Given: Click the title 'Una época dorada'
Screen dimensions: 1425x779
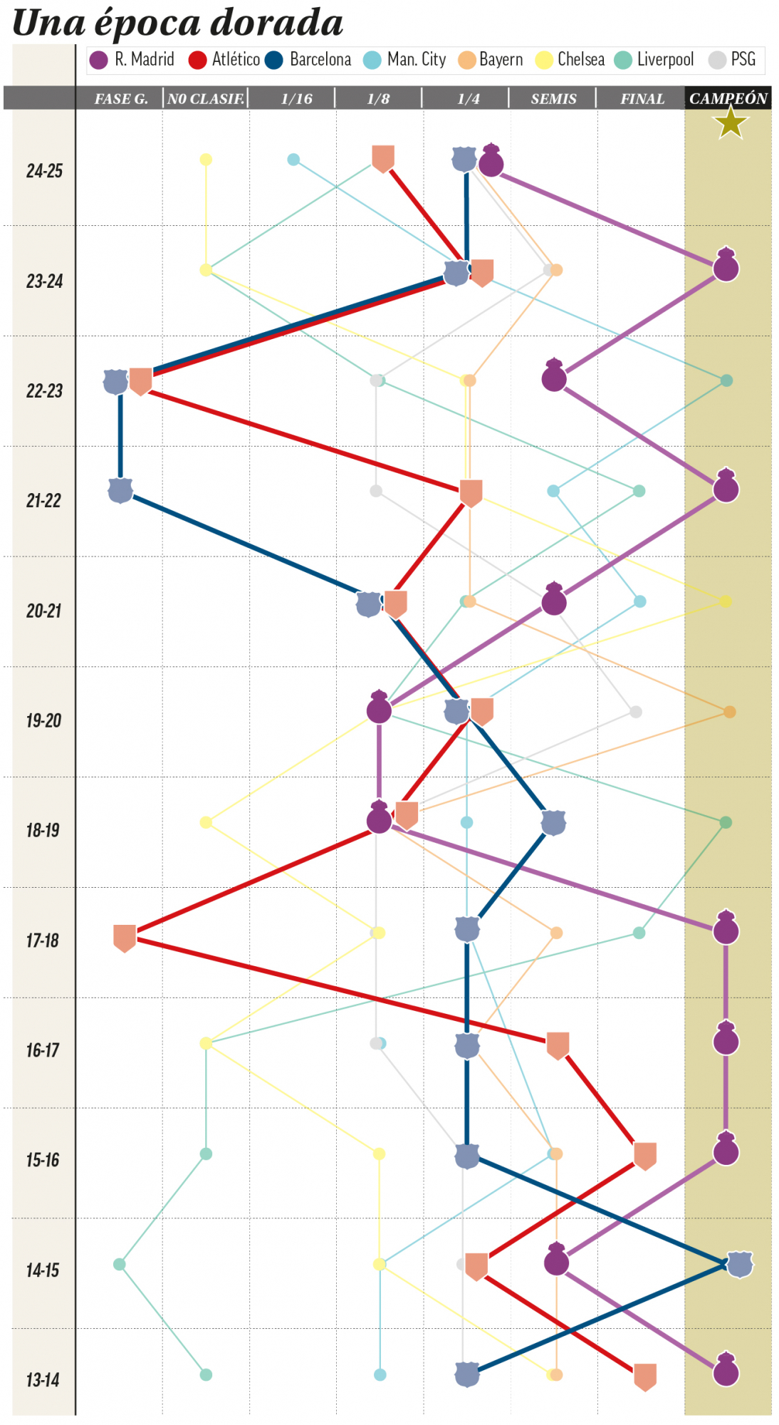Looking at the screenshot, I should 178,23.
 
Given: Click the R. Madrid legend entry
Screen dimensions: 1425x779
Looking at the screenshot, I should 132,60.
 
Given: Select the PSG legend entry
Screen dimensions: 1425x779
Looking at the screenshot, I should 733,60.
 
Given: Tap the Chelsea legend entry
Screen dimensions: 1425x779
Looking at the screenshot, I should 570,60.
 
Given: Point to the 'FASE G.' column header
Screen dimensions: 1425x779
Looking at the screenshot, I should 121,99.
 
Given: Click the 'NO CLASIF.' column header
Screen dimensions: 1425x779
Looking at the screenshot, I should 206,99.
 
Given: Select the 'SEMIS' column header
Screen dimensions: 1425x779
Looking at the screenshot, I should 553,99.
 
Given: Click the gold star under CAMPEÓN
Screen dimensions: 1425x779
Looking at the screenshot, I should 731,123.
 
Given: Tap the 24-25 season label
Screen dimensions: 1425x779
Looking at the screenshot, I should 44,171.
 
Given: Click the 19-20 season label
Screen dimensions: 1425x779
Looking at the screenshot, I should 44,720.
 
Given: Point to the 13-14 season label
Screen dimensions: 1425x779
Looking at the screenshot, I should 43,1380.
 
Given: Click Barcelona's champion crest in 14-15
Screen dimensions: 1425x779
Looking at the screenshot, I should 740,1264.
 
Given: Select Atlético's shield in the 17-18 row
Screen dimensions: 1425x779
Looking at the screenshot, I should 125,938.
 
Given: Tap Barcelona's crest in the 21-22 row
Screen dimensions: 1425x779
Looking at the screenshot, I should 120,490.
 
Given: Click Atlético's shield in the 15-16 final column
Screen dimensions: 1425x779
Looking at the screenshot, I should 644,1155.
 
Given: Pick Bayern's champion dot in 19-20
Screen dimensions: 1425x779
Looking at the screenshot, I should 729,712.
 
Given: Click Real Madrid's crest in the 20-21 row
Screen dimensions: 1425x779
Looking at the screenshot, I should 554,600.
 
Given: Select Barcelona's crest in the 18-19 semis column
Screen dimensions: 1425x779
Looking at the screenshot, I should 553,822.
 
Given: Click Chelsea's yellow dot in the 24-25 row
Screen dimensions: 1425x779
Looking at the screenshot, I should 206,160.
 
